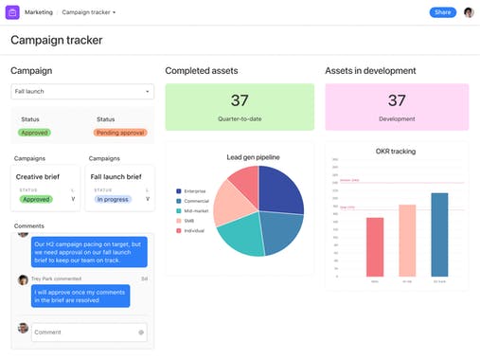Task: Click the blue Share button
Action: (x=442, y=12)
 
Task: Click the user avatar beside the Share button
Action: (x=468, y=12)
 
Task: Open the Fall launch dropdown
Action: (x=82, y=91)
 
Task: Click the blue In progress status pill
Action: (x=113, y=199)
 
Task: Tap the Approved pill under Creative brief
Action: (x=35, y=199)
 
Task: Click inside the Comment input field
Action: (x=83, y=332)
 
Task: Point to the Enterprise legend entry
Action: (x=195, y=191)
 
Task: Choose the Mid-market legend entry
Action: (x=196, y=211)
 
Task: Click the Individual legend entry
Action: (x=194, y=231)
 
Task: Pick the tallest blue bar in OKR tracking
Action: (x=439, y=234)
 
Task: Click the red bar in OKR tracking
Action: (x=375, y=246)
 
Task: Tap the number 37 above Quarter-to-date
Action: (x=239, y=100)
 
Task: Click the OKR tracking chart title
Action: (x=397, y=152)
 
